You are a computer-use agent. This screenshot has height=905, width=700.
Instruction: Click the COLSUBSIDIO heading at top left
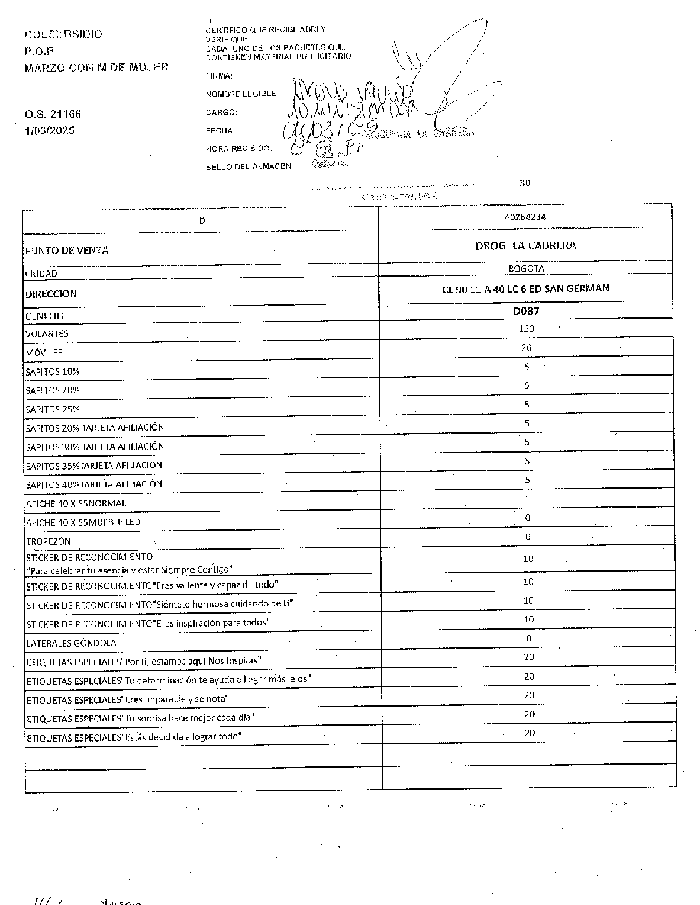63,34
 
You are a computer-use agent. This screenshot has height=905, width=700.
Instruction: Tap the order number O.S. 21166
53,114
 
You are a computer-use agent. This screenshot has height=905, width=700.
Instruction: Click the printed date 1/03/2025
50,130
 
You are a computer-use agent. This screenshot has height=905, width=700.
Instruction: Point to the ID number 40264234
525,217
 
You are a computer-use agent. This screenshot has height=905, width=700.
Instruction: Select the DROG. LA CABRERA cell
525,245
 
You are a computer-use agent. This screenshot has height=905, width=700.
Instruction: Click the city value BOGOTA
526,268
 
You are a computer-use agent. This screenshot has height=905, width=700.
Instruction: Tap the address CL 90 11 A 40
525,288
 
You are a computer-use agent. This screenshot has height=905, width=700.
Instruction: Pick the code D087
526,310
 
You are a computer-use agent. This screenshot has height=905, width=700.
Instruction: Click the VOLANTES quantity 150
526,328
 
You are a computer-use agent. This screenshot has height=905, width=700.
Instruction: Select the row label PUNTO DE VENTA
67,251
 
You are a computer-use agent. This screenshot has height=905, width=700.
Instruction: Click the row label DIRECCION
51,294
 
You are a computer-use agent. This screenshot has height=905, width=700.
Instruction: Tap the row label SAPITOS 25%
53,409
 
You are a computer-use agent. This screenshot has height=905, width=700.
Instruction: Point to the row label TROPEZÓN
49,541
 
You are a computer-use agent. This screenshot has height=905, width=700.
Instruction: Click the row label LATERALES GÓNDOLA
71,643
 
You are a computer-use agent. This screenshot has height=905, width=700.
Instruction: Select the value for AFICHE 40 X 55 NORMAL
527,499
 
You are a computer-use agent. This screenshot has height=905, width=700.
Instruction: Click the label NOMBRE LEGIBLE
242,94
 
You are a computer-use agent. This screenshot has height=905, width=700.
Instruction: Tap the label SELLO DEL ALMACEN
249,166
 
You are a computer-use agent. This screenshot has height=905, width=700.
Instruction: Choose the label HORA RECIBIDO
239,148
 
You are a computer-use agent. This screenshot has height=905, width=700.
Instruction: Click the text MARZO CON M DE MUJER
96,68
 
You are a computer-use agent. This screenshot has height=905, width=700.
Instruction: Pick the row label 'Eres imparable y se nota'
127,699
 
